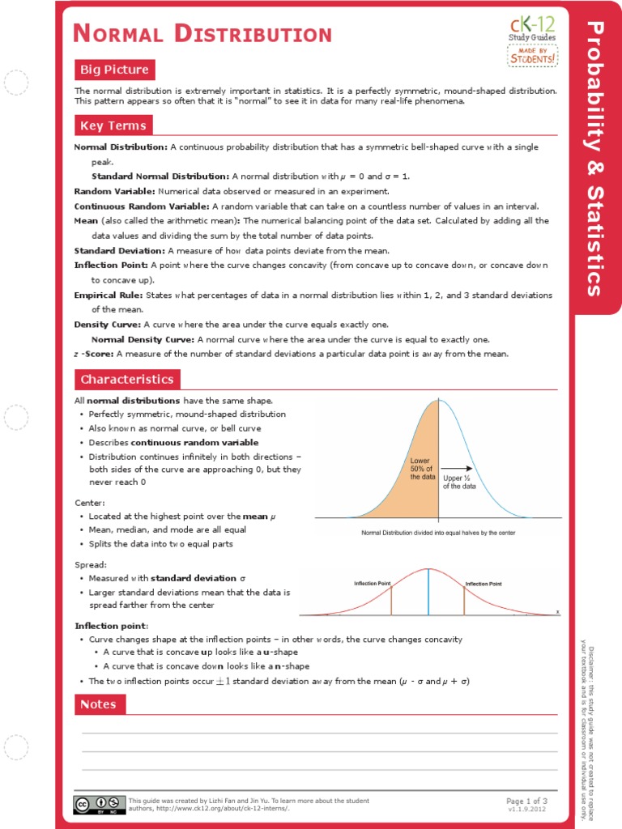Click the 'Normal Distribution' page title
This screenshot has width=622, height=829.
202,34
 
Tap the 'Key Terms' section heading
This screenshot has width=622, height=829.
113,125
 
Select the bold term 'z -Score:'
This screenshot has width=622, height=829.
94,354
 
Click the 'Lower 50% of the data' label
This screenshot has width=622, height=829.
423,469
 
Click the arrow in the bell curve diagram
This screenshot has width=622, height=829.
458,468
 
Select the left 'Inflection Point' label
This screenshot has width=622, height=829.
373,583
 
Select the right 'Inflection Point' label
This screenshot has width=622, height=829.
483,583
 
